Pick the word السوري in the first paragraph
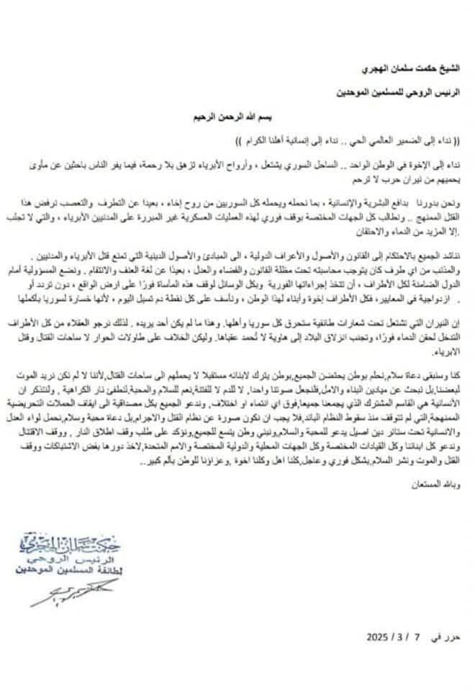325,164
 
